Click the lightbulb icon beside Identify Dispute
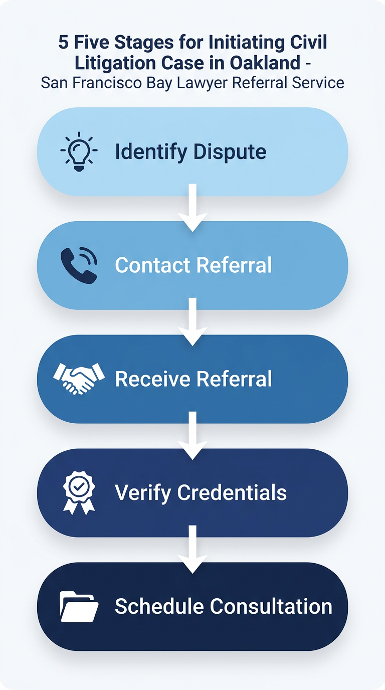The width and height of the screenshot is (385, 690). (x=79, y=152)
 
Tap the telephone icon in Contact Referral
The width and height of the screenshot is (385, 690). (x=79, y=265)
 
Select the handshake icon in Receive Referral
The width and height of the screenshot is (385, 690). (x=79, y=379)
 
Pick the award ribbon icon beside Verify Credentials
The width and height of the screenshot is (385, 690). (x=79, y=492)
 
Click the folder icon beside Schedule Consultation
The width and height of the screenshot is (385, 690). (x=79, y=606)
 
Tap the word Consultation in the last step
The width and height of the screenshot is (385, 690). (x=271, y=606)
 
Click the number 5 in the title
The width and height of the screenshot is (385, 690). (x=63, y=43)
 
